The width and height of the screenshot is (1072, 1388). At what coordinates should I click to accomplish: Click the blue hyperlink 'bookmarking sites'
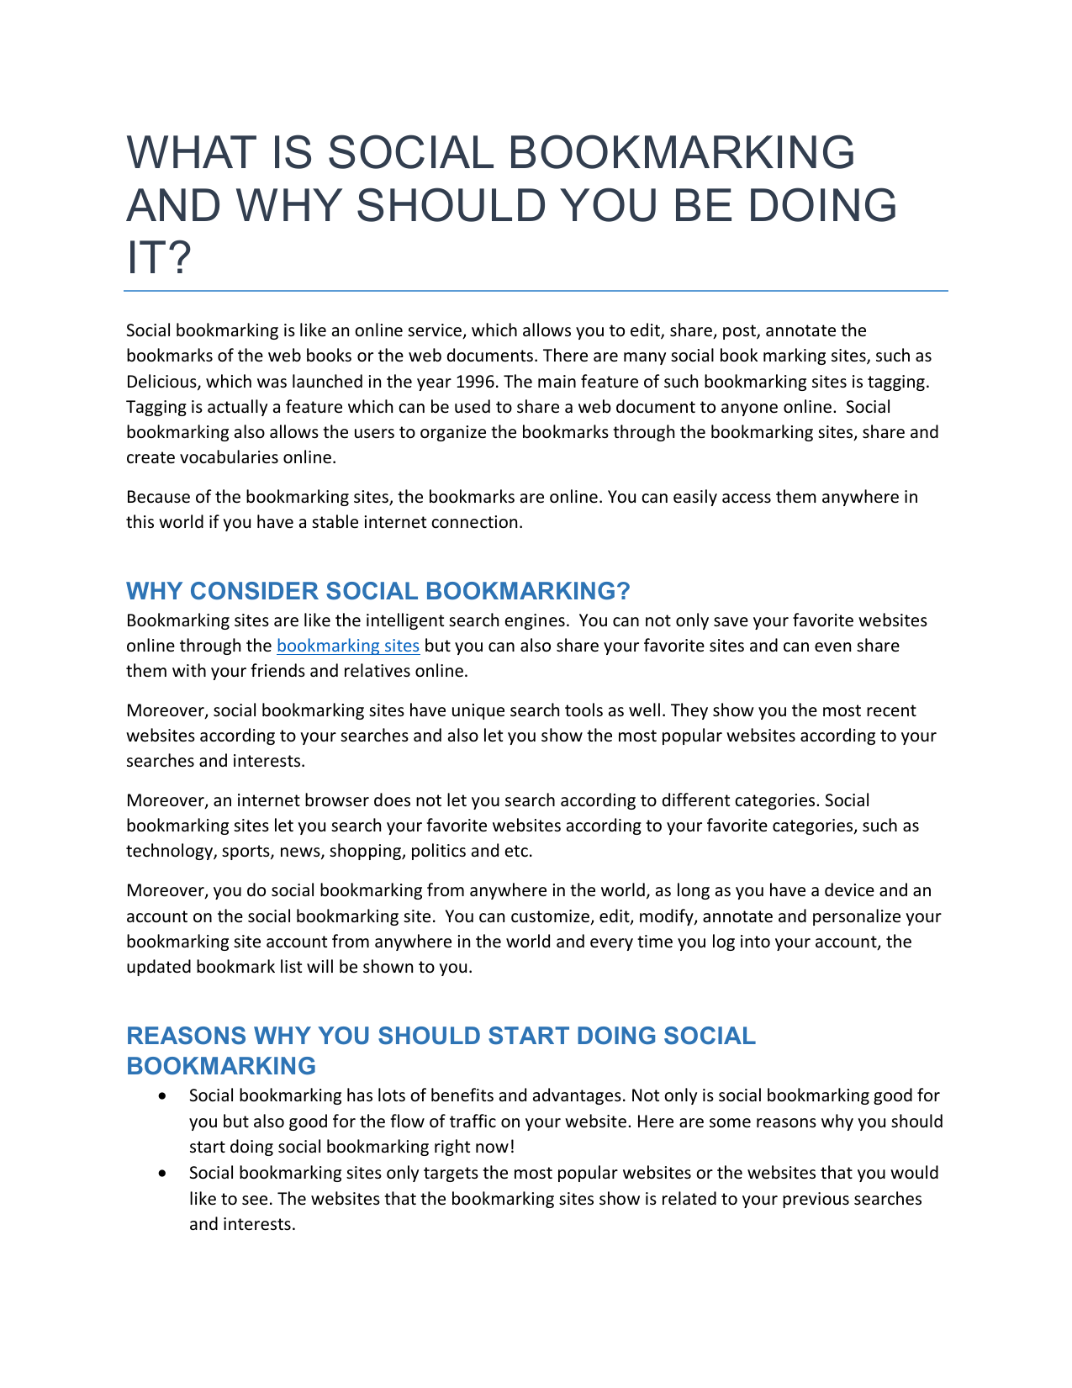tap(347, 646)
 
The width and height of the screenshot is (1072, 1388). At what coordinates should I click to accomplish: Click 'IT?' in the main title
tap(159, 258)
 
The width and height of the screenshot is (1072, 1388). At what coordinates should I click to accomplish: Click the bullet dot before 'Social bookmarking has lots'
tap(161, 1096)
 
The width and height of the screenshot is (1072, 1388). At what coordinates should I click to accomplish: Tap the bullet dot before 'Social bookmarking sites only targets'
tap(161, 1174)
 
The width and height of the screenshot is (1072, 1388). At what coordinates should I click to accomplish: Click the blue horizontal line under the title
tap(536, 291)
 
